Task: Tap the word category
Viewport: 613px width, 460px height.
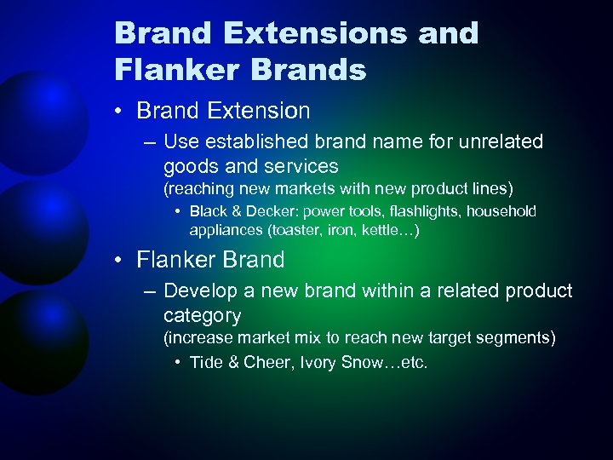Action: [x=202, y=316]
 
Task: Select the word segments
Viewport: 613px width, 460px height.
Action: [x=518, y=338]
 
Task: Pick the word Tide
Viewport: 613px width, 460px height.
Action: [x=206, y=363]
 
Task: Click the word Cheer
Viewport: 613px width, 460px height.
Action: [x=266, y=363]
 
